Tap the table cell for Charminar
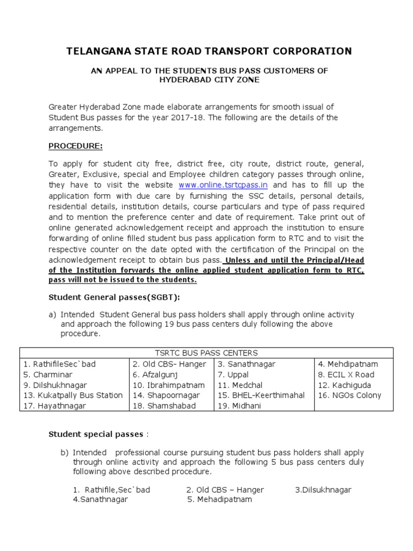48,375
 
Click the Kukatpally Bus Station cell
73,395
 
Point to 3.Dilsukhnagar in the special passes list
323,490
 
